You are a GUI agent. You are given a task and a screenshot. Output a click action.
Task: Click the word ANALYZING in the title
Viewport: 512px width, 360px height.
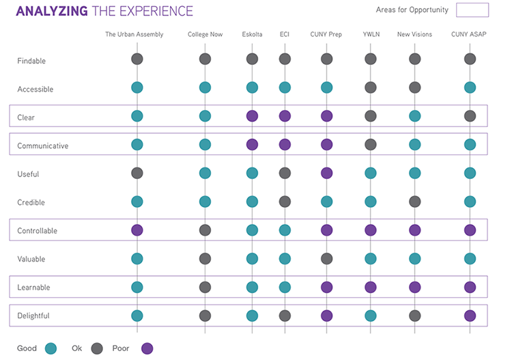pos(51,11)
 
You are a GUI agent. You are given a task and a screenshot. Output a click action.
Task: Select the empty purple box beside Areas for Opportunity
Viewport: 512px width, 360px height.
pos(472,10)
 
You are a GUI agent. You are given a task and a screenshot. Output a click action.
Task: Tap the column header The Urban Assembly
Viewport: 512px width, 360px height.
pos(134,34)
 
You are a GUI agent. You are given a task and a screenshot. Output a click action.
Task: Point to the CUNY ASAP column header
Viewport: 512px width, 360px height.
pos(469,34)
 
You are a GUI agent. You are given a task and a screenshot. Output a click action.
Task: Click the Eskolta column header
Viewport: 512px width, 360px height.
pos(252,34)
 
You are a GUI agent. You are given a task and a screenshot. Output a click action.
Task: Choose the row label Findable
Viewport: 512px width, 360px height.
pos(31,61)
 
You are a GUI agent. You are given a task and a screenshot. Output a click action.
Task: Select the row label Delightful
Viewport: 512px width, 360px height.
pos(33,316)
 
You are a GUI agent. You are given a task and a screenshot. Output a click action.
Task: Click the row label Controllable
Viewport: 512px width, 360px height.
pos(37,231)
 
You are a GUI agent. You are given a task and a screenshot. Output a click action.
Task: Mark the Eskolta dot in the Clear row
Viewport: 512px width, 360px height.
pos(252,116)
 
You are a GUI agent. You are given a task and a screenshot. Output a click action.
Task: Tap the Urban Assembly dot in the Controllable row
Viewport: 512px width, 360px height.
pos(137,230)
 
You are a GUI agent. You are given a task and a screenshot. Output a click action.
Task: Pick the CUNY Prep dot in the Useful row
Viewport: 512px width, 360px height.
pos(326,173)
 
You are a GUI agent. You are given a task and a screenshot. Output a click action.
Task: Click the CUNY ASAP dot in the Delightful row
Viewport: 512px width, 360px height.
pos(470,316)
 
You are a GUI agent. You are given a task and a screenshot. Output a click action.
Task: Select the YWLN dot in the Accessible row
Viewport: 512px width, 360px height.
pos(371,87)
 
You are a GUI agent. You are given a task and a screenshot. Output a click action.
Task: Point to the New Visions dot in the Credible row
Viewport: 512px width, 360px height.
pos(414,202)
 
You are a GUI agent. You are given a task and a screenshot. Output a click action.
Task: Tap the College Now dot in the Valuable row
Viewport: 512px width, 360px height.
pos(205,258)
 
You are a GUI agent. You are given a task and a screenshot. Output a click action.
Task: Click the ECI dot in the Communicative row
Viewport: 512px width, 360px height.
pos(285,144)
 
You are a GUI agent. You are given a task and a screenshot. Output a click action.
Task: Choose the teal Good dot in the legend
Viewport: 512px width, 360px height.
pos(51,348)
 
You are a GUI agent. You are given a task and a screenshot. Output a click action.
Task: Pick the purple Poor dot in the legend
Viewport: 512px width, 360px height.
pos(147,348)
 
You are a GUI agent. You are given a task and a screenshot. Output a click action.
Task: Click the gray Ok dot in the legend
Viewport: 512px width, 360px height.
pos(96,348)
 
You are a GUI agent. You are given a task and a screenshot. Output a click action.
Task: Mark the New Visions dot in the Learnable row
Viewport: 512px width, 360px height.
pos(414,287)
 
